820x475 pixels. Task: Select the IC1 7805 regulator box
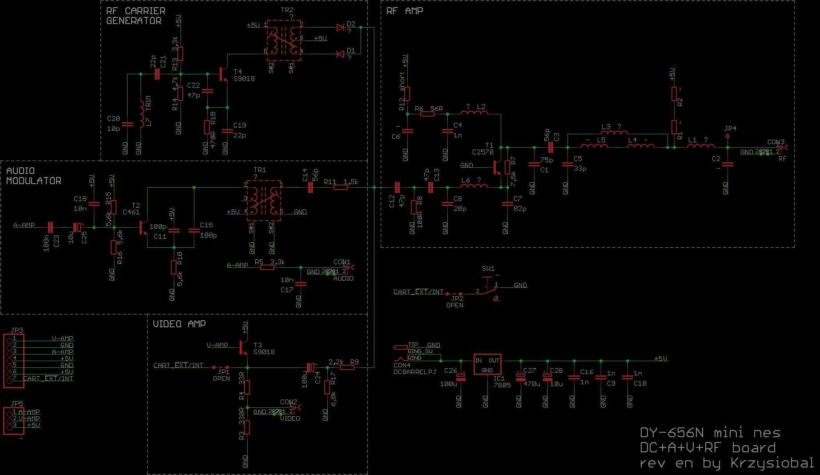(x=487, y=365)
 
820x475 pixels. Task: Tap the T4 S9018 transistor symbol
(x=224, y=74)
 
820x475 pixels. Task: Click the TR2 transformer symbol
(x=284, y=40)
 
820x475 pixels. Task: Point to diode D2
(x=341, y=28)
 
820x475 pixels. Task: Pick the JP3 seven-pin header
(x=13, y=361)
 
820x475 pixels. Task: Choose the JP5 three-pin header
(x=13, y=420)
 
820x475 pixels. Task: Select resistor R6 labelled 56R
(x=427, y=114)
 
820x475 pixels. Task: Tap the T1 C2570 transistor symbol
(x=497, y=167)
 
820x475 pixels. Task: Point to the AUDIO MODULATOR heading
(x=33, y=176)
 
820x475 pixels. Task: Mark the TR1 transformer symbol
(x=264, y=200)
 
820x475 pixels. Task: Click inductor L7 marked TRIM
(x=142, y=114)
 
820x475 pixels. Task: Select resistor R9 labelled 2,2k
(x=347, y=367)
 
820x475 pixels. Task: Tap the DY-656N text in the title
(x=671, y=433)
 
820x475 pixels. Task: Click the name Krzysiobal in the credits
(x=772, y=463)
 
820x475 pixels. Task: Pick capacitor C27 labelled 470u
(x=521, y=377)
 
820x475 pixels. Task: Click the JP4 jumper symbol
(x=728, y=136)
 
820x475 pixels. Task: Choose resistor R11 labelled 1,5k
(x=340, y=187)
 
